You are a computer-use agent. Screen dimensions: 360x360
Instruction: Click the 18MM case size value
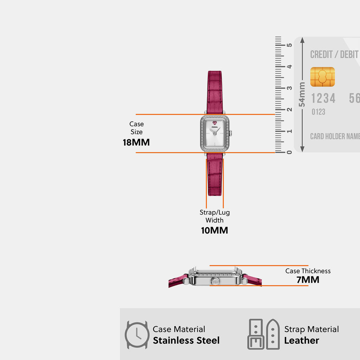(x=136, y=142)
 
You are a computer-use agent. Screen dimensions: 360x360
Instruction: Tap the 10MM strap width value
(x=214, y=230)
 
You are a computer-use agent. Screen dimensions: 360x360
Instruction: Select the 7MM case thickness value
(x=308, y=280)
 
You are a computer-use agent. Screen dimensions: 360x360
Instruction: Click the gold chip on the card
(x=322, y=77)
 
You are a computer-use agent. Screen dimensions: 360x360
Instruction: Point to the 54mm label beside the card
(x=302, y=95)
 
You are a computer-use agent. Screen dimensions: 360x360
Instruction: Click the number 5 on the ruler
(x=289, y=45)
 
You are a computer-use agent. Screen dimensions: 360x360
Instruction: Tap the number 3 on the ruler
(x=289, y=88)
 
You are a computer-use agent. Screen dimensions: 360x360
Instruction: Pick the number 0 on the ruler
(x=289, y=152)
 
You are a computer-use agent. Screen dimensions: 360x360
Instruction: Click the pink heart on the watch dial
(x=215, y=123)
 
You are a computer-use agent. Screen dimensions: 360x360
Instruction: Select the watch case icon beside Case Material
(x=137, y=335)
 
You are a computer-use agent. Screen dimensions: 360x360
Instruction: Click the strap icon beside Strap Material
(x=264, y=334)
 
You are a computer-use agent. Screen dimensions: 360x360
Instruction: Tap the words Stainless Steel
(x=186, y=340)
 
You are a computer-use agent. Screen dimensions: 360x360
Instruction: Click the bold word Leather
(x=302, y=340)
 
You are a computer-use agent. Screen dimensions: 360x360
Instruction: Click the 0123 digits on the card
(x=319, y=112)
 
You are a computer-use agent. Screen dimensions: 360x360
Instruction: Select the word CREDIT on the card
(x=321, y=54)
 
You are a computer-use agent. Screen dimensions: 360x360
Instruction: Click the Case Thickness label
(x=308, y=271)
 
